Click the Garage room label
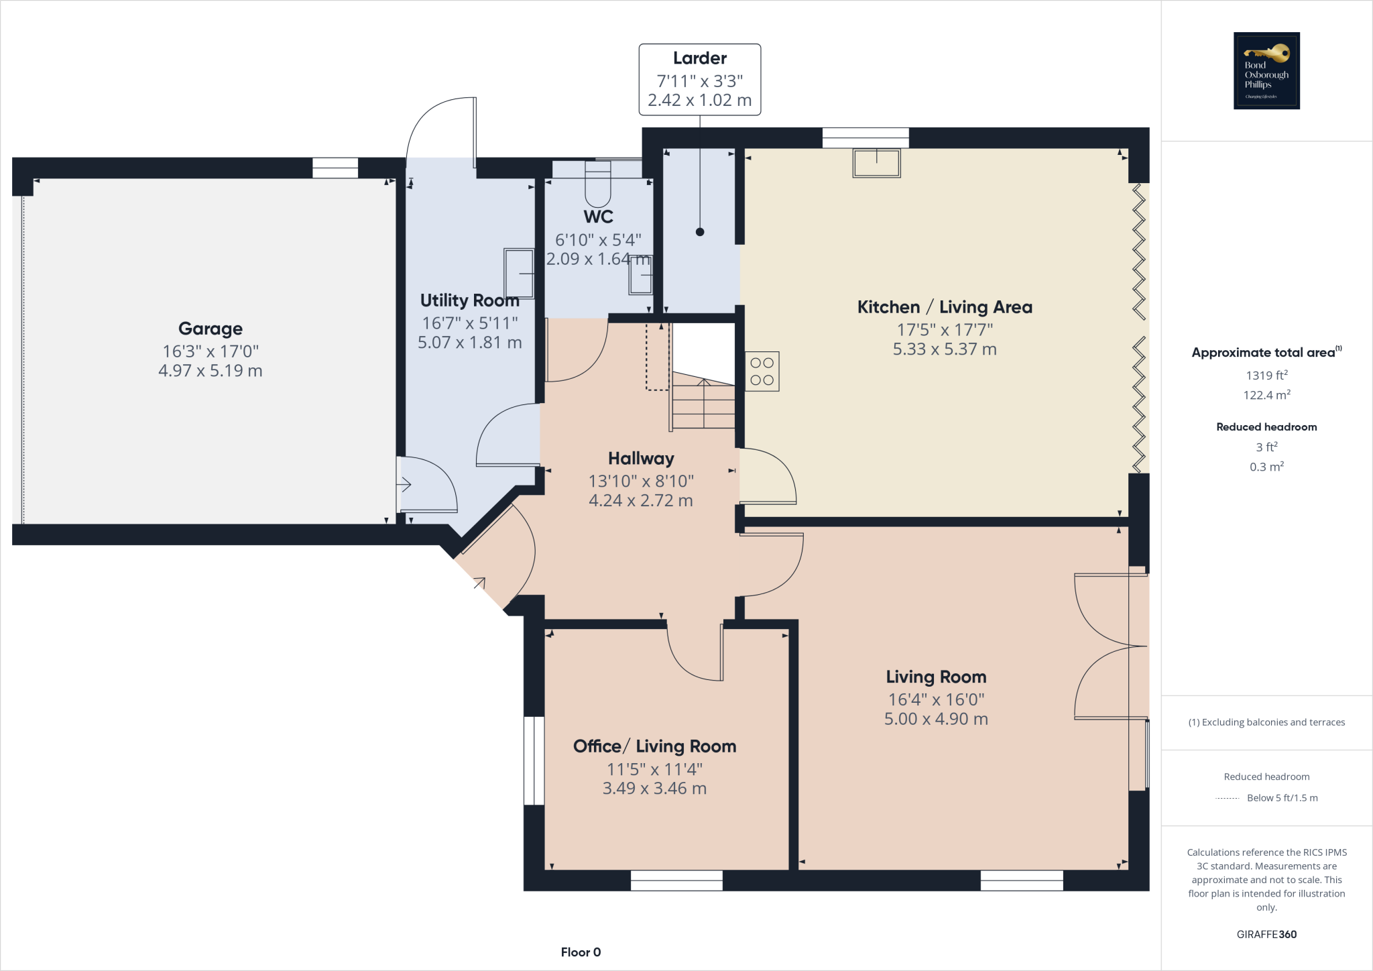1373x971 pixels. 211,329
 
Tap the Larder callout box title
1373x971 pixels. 699,58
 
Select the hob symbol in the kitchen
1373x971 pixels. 762,372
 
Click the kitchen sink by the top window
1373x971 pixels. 876,163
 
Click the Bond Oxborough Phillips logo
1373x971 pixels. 1266,70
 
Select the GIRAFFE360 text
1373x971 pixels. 1266,934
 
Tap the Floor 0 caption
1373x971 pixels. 581,952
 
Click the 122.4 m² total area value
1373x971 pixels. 1266,395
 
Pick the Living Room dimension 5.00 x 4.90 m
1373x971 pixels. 936,719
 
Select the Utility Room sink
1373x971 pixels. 519,274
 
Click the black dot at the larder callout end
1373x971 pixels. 700,232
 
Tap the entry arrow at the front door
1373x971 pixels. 479,583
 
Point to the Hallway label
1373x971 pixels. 641,459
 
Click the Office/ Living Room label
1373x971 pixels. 654,746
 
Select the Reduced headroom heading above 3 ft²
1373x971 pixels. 1266,427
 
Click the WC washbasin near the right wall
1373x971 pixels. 640,276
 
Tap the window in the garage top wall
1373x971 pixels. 335,168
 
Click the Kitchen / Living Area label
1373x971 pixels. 945,307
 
